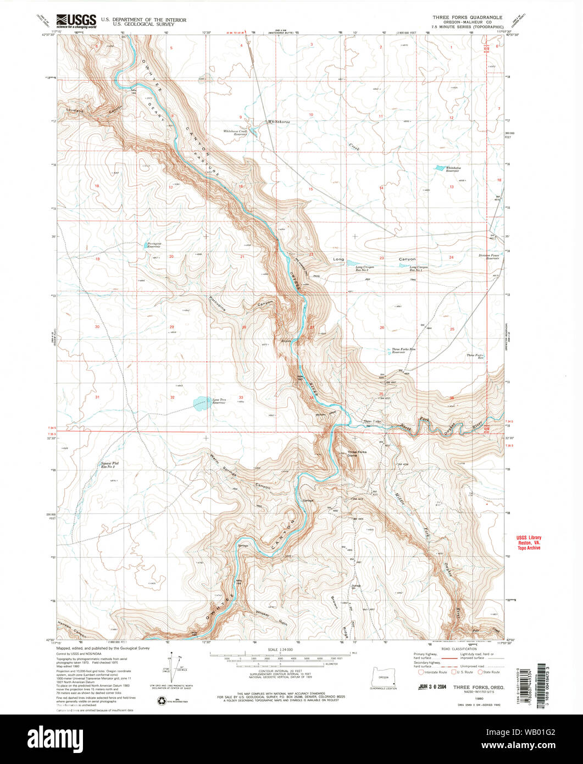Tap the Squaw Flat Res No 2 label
click(109, 465)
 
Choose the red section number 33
click(241, 397)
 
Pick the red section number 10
click(310, 115)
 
